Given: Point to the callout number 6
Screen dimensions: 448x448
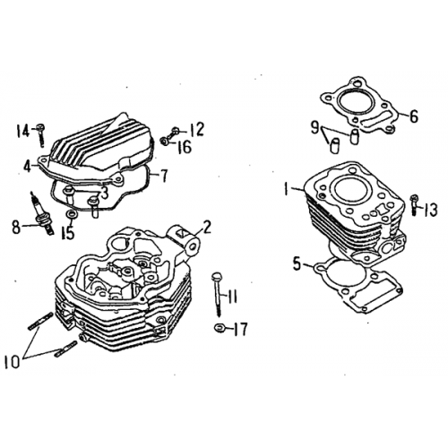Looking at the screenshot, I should tap(412, 116).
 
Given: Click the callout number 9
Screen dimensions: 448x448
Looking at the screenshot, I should tap(316, 129).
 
